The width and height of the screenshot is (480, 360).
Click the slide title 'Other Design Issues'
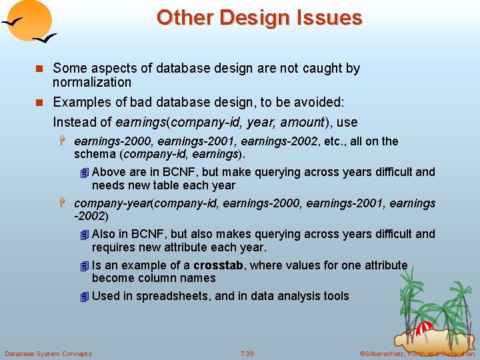point(259,17)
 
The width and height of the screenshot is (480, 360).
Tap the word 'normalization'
point(92,82)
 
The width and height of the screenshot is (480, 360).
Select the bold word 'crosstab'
point(218,265)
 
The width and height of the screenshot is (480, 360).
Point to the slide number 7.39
point(247,353)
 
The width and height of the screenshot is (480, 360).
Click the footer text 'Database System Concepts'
point(48,353)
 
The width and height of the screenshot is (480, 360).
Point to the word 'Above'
point(109,172)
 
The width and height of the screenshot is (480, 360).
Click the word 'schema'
point(94,155)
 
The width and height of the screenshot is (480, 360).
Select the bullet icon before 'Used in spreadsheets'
point(83,297)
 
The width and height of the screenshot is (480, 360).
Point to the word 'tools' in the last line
point(335,296)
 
